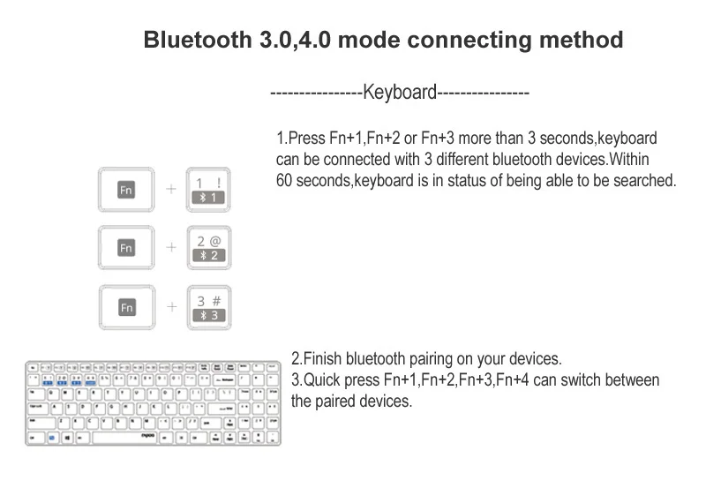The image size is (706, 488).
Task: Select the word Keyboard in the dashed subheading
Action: click(x=400, y=93)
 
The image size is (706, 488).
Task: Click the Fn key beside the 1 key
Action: click(x=126, y=190)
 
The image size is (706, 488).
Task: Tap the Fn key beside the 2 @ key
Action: click(x=126, y=248)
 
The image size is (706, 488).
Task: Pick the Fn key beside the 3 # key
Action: click(x=126, y=307)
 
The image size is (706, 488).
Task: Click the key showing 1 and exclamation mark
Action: click(x=208, y=190)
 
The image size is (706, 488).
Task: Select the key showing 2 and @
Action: click(x=208, y=248)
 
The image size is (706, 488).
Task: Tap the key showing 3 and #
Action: click(x=208, y=307)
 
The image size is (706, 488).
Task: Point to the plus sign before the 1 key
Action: click(x=170, y=190)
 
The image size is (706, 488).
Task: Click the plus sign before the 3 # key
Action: click(x=170, y=307)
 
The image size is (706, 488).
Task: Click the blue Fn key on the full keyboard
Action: click(x=52, y=437)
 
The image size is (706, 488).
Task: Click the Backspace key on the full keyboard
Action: click(x=224, y=380)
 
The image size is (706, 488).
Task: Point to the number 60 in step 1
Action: click(x=285, y=181)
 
